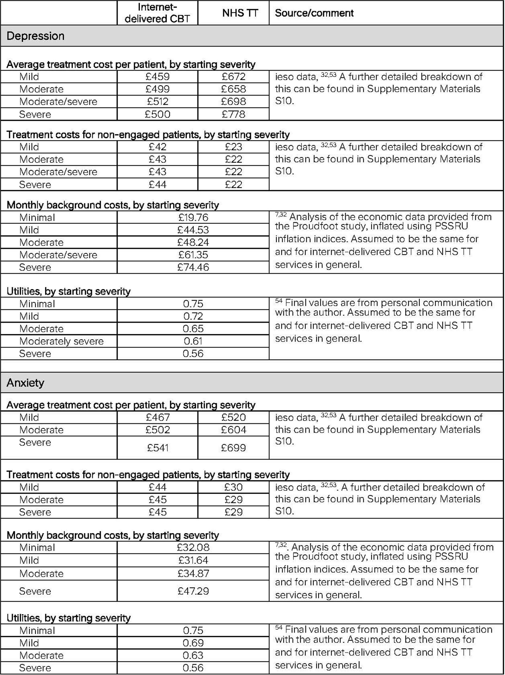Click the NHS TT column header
click(x=240, y=13)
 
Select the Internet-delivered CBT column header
click(x=157, y=13)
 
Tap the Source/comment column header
click(x=314, y=13)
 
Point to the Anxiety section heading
click(x=25, y=383)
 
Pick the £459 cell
click(x=158, y=77)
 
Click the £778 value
click(x=234, y=114)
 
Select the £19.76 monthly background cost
click(x=193, y=217)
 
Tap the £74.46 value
click(x=193, y=267)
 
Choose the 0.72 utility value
click(x=193, y=316)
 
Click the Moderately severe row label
click(x=61, y=341)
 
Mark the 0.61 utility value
click(x=193, y=341)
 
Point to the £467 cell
click(x=158, y=417)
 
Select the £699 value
click(x=234, y=448)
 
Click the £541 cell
click(x=158, y=448)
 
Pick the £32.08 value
click(x=193, y=547)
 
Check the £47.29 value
click(x=193, y=591)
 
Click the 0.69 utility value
click(x=193, y=643)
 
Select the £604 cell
click(x=234, y=430)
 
